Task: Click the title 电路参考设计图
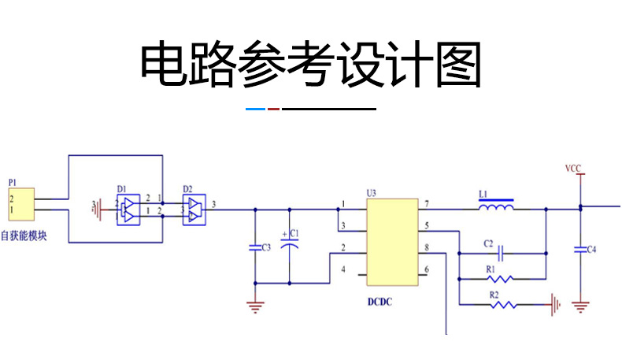pyautogui.click(x=310, y=64)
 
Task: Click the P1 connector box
pyautogui.click(x=22, y=204)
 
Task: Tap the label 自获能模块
pyautogui.click(x=24, y=235)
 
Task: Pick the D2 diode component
pyautogui.click(x=192, y=210)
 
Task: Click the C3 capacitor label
pyautogui.click(x=265, y=247)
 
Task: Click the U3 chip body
pyautogui.click(x=392, y=241)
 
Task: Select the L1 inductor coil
pyautogui.click(x=497, y=209)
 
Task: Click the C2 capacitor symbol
pyautogui.click(x=502, y=254)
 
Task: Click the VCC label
pyautogui.click(x=573, y=169)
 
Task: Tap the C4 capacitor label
pyautogui.click(x=591, y=250)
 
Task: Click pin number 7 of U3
pyautogui.click(x=426, y=205)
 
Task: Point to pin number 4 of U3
pyautogui.click(x=342, y=270)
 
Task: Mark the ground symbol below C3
pyautogui.click(x=254, y=306)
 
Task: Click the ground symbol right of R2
pyautogui.click(x=556, y=303)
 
